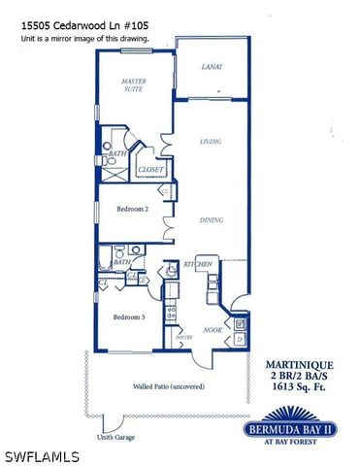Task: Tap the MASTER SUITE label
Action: pos(133,87)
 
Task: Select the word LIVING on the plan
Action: pos(210,142)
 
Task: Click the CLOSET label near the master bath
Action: pos(150,170)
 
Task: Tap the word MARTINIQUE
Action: pos(300,363)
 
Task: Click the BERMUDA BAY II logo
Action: pos(301,431)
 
